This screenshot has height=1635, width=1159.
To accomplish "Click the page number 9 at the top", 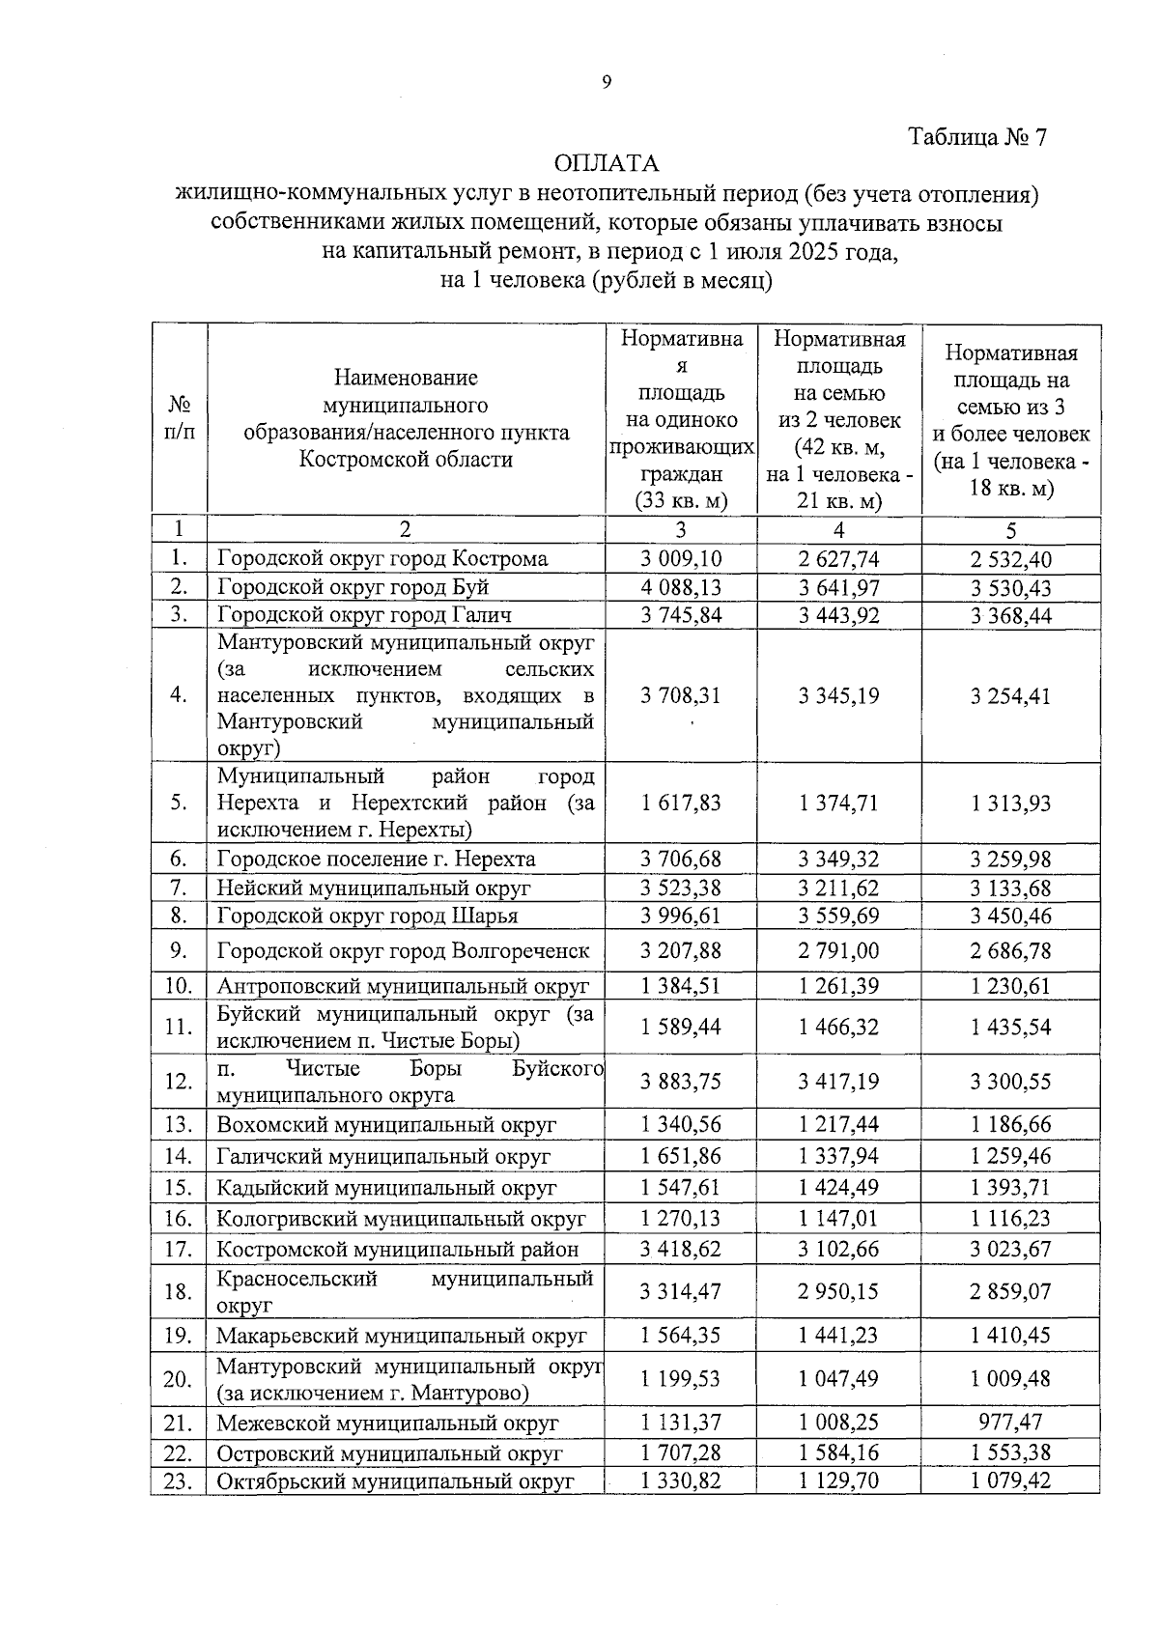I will pyautogui.click(x=607, y=83).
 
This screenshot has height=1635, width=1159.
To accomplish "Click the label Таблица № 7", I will pyautogui.click(x=977, y=137).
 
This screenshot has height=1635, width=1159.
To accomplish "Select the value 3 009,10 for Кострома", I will pyautogui.click(x=680, y=558).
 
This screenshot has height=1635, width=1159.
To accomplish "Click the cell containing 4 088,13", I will pyautogui.click(x=680, y=587).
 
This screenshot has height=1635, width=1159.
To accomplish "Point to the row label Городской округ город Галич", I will pyautogui.click(x=364, y=615).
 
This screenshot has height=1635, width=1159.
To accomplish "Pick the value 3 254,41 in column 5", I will pyautogui.click(x=1010, y=696).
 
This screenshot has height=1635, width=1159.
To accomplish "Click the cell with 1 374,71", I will pyautogui.click(x=838, y=803).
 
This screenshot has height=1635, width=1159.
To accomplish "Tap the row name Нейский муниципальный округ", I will pyautogui.click(x=374, y=888).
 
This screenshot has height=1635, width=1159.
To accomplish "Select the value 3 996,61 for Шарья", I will pyautogui.click(x=680, y=916).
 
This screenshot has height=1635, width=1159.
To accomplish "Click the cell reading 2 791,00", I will pyautogui.click(x=838, y=951).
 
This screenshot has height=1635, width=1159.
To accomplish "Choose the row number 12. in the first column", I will pyautogui.click(x=179, y=1082).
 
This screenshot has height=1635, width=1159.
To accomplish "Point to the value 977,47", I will pyautogui.click(x=1010, y=1423).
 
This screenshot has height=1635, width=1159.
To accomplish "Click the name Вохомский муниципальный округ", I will pyautogui.click(x=386, y=1125).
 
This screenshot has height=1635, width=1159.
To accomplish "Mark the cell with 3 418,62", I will pyautogui.click(x=680, y=1250).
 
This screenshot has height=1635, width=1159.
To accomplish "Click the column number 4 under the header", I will pyautogui.click(x=838, y=530).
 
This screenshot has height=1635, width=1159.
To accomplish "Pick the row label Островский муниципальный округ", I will pyautogui.click(x=388, y=1453).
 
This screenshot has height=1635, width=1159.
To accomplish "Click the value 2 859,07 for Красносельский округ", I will pyautogui.click(x=1010, y=1292).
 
